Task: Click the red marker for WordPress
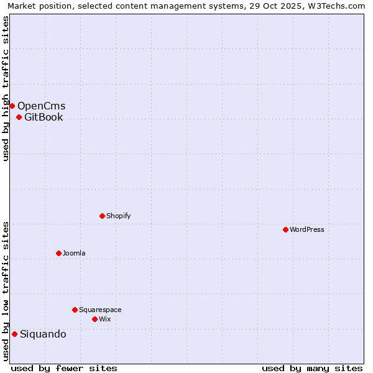tap(285, 229)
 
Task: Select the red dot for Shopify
tap(102, 216)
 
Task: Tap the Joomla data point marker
tap(58, 253)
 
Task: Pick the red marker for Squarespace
tap(75, 310)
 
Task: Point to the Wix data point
tap(94, 319)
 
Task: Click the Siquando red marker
tap(14, 334)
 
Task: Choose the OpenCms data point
tap(12, 106)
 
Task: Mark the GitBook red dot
tap(19, 117)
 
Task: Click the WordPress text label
tap(307, 229)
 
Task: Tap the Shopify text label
tap(118, 216)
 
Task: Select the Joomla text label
tap(74, 253)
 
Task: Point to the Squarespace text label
tap(100, 310)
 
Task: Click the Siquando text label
tap(43, 334)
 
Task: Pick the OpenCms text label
tap(41, 106)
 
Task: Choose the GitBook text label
tap(44, 117)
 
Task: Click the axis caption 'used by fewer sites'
tap(64, 368)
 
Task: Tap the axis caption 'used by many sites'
tap(312, 368)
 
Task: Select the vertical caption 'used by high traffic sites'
tap(6, 89)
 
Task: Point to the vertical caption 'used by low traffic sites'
tap(6, 291)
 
